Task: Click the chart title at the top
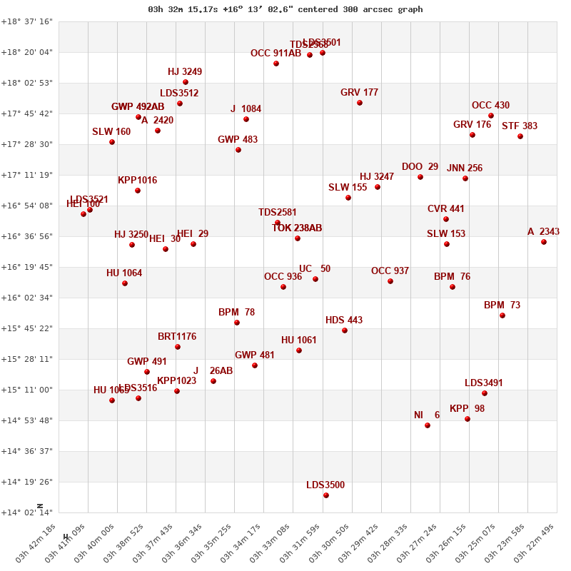[285, 9]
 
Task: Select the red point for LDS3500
[326, 495]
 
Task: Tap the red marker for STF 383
[520, 136]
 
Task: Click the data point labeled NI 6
[428, 425]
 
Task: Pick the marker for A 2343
[544, 242]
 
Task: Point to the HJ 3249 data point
[186, 82]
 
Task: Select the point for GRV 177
[360, 103]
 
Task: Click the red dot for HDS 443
[345, 330]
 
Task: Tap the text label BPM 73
[502, 305]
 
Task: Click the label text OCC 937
[390, 271]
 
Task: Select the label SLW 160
[111, 131]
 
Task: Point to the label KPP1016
[137, 180]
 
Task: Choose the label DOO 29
[420, 166]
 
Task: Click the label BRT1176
[177, 336]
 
